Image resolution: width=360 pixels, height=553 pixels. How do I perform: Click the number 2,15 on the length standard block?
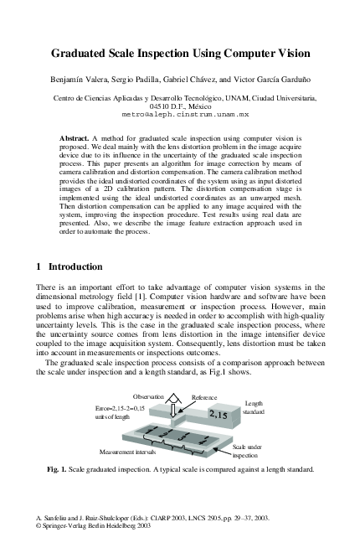219,414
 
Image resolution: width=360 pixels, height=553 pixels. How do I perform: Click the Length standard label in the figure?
254,408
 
